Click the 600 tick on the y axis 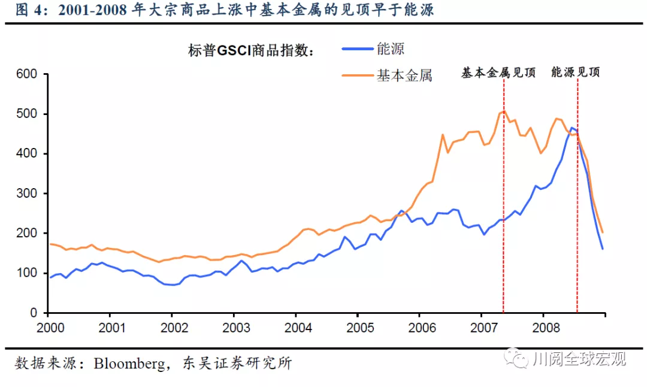(28, 74)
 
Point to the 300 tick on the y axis (28, 193)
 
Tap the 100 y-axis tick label (28, 273)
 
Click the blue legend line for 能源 (357, 50)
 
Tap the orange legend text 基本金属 (404, 75)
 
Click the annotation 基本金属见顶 (498, 73)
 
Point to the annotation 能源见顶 (576, 73)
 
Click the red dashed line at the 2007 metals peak (504, 210)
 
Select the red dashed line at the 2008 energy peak (578, 210)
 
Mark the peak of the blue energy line (572, 128)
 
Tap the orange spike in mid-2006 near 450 (443, 135)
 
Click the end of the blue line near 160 (603, 249)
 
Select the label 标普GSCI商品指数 (251, 51)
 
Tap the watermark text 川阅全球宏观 (579, 359)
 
